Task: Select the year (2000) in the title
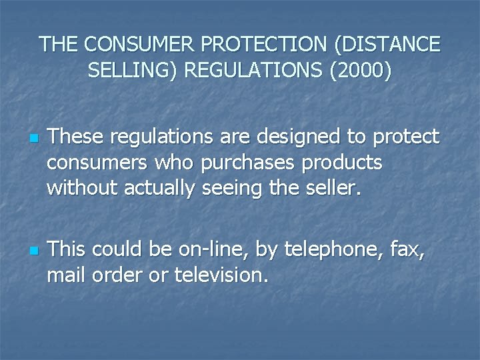(357, 69)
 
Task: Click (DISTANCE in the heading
(385, 44)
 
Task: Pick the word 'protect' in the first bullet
(407, 137)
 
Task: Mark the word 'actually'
(159, 189)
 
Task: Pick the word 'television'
(221, 275)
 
